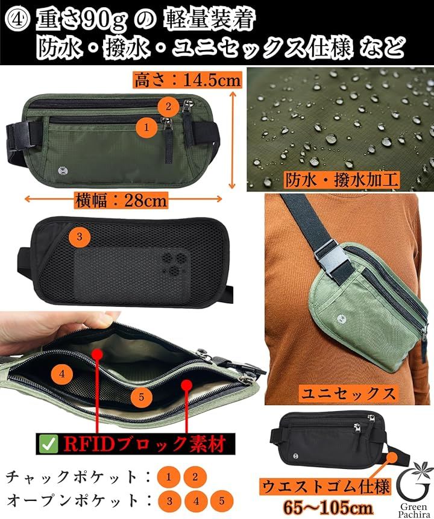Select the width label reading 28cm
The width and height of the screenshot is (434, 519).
coord(145,200)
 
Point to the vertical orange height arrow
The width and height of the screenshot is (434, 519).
coord(233,140)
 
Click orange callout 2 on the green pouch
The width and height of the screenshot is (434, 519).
coord(168,106)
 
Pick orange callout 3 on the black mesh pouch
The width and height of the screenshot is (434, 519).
coord(80,236)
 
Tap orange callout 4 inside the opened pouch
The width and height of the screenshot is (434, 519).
coord(62,374)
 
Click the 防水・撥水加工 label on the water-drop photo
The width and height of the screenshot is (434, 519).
coord(341,180)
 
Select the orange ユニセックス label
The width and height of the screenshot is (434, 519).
coord(348,394)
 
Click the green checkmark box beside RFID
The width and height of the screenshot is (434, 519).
coord(49,444)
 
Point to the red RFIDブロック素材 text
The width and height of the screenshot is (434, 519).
coord(145,444)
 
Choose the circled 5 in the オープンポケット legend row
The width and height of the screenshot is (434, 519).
coord(221,501)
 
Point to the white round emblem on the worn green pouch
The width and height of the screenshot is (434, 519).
coord(342,319)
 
